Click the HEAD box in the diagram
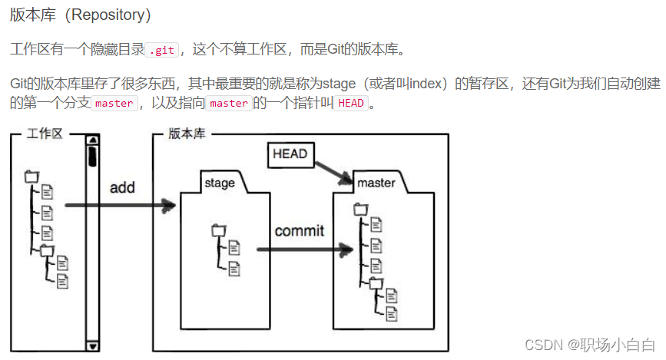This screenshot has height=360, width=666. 290,154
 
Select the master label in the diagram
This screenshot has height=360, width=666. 376,183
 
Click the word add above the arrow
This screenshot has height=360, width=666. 122,188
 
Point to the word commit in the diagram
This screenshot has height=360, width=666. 299,230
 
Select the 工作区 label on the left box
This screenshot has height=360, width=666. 44,134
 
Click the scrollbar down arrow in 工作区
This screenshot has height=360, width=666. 92,346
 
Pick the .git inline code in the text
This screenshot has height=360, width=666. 162,50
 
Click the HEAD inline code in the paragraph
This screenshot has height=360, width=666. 350,104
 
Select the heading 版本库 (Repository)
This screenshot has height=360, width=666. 81,15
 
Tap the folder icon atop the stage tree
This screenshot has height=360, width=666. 218,230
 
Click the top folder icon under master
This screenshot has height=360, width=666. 360,208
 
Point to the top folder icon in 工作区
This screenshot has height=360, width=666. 31,176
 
